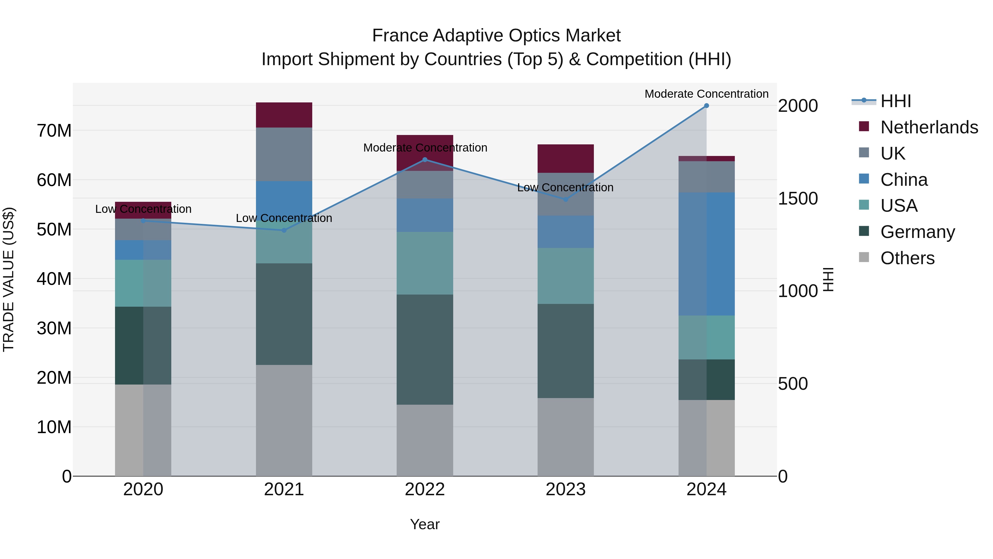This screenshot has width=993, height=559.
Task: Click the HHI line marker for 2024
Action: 706,106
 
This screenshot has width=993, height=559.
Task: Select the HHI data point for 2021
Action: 284,230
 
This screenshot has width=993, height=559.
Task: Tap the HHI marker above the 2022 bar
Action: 425,160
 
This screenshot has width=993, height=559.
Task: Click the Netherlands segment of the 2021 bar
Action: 284,115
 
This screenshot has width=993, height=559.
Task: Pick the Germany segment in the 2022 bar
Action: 425,349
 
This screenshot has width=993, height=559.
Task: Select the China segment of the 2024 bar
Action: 706,254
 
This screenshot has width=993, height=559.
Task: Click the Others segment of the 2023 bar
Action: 565,437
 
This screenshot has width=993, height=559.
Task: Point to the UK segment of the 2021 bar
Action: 284,154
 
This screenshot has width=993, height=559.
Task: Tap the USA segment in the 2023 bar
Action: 565,276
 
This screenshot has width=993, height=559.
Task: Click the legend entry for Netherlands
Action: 929,127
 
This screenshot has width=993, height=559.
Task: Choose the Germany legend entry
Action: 917,232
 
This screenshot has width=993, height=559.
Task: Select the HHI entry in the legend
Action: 895,101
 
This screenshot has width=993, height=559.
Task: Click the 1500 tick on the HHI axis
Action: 797,199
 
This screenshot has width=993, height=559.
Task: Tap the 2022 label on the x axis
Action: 425,489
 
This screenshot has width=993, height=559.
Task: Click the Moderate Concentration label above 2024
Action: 706,94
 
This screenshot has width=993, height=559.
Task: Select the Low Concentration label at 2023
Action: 565,187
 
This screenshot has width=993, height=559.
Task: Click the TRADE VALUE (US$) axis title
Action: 9,279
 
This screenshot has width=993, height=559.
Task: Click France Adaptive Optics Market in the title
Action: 496,36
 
